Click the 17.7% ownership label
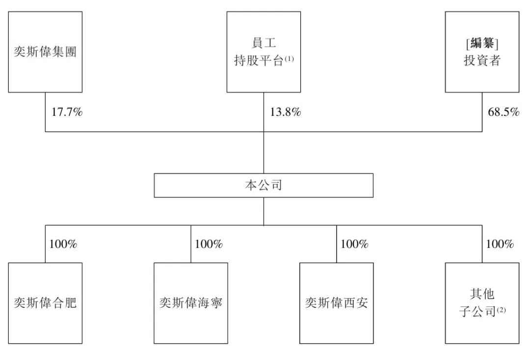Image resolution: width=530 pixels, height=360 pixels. pyautogui.click(x=67, y=112)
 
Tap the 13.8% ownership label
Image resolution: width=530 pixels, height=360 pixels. pyautogui.click(x=285, y=112)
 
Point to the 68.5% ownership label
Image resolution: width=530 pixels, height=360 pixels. pyautogui.click(x=503, y=112)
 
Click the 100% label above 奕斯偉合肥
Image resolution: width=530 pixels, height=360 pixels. pyautogui.click(x=63, y=244)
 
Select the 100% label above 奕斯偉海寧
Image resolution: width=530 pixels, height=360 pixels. pyautogui.click(x=209, y=244)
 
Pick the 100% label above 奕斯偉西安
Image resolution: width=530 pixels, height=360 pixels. pyautogui.click(x=355, y=244)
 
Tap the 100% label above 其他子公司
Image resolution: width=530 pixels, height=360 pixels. pyautogui.click(x=500, y=244)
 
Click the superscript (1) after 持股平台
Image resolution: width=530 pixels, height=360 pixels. pyautogui.click(x=289, y=59)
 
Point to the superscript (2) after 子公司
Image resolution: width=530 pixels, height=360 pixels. pyautogui.click(x=501, y=309)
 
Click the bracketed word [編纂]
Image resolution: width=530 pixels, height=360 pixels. pyautogui.click(x=482, y=43)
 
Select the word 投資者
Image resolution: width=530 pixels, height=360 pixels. pyautogui.click(x=482, y=60)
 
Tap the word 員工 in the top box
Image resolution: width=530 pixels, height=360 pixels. pyautogui.click(x=264, y=43)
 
